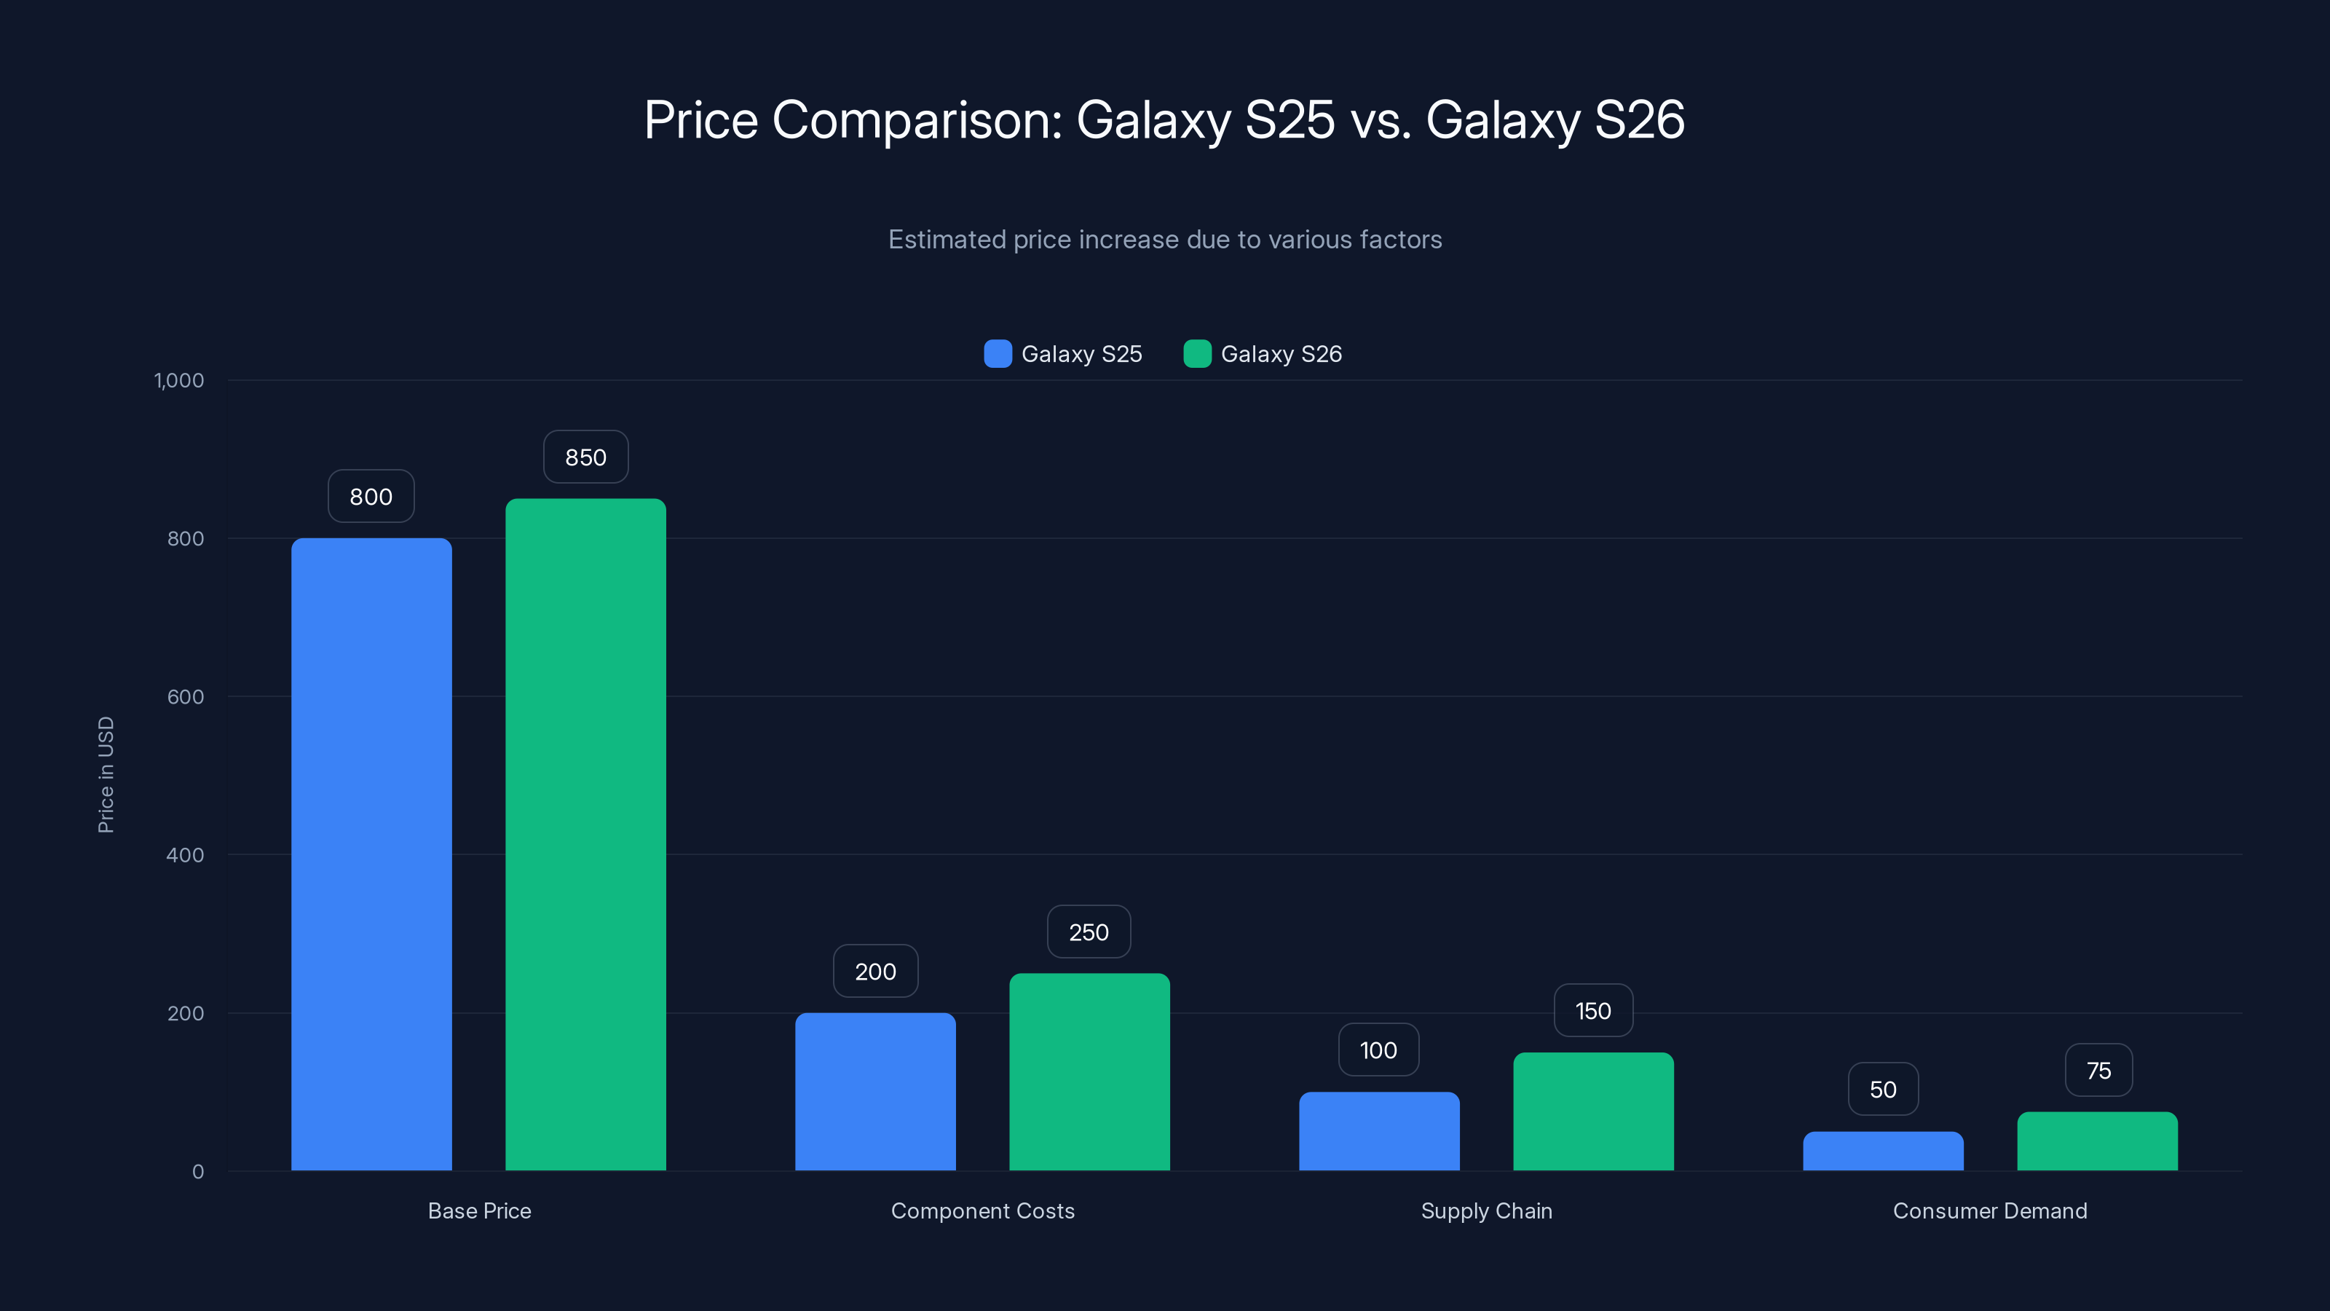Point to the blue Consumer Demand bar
tap(1882, 1151)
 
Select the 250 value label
tap(1088, 932)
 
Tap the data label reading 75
tap(2098, 1071)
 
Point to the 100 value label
tap(1378, 1050)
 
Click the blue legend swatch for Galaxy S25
tap(998, 354)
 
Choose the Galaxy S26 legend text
tap(1281, 354)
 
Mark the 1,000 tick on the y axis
tap(179, 380)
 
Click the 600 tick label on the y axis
tap(186, 697)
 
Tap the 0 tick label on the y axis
tap(198, 1172)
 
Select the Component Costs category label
tap(982, 1210)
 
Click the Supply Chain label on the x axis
tap(1486, 1210)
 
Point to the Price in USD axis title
tap(106, 774)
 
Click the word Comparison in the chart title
tap(916, 119)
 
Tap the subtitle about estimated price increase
tap(1165, 240)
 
